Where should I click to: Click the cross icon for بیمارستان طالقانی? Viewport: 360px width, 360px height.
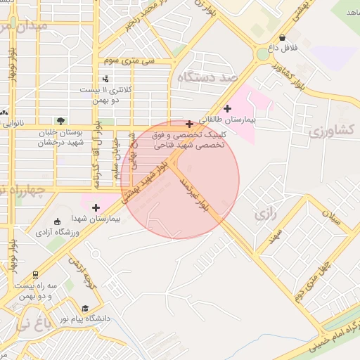[227, 108]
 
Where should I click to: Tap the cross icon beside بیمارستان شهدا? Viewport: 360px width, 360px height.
[96, 207]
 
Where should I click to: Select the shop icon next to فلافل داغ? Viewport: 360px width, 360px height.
[283, 38]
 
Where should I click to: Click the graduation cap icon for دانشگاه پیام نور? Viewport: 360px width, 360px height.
[86, 308]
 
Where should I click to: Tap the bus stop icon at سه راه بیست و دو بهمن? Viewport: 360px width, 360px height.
[35, 276]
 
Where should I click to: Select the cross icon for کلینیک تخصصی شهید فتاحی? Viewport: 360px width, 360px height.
[188, 124]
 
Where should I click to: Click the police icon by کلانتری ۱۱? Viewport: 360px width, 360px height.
[105, 79]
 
